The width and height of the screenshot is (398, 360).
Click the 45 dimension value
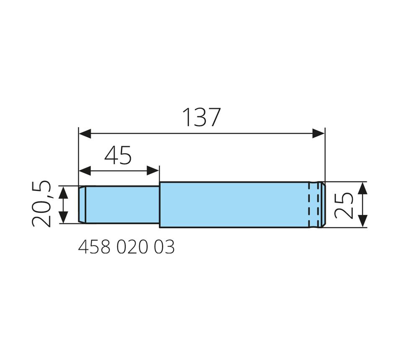point(118,155)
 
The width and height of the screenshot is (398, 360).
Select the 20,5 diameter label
point(41,203)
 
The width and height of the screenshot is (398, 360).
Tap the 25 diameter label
point(344,206)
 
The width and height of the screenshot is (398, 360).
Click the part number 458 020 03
point(127,247)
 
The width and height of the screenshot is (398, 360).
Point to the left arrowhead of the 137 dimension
point(85,134)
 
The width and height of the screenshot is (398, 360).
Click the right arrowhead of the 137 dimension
point(318,134)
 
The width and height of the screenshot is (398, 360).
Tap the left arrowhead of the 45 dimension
point(85,171)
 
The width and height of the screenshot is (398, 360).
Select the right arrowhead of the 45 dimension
point(153,171)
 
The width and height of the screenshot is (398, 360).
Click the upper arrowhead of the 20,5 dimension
point(63,193)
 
